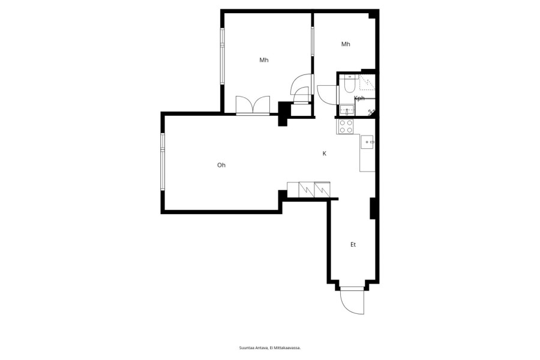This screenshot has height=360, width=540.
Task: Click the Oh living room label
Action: [x=221, y=166]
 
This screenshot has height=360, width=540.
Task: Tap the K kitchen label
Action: [x=325, y=154]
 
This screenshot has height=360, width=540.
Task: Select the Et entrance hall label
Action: [x=353, y=245]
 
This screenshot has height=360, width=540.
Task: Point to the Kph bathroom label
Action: [x=359, y=98]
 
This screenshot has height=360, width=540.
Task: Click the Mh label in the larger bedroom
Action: [x=264, y=60]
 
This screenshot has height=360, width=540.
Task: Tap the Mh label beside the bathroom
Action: [x=346, y=44]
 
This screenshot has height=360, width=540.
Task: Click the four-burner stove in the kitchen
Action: [x=346, y=126]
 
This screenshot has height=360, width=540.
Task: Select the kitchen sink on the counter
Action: [x=367, y=142]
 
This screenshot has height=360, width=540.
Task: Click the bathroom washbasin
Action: [x=347, y=110]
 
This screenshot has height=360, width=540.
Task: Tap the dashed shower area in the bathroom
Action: [x=367, y=83]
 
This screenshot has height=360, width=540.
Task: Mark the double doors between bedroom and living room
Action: [x=253, y=105]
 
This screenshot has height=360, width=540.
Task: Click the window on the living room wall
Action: [x=162, y=161]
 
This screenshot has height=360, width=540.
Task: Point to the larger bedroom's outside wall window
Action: [x=222, y=56]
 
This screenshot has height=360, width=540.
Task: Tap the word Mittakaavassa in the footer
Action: [x=290, y=348]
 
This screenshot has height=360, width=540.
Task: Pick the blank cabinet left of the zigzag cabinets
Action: [x=293, y=190]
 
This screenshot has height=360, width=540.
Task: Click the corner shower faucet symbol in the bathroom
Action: [x=371, y=111]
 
